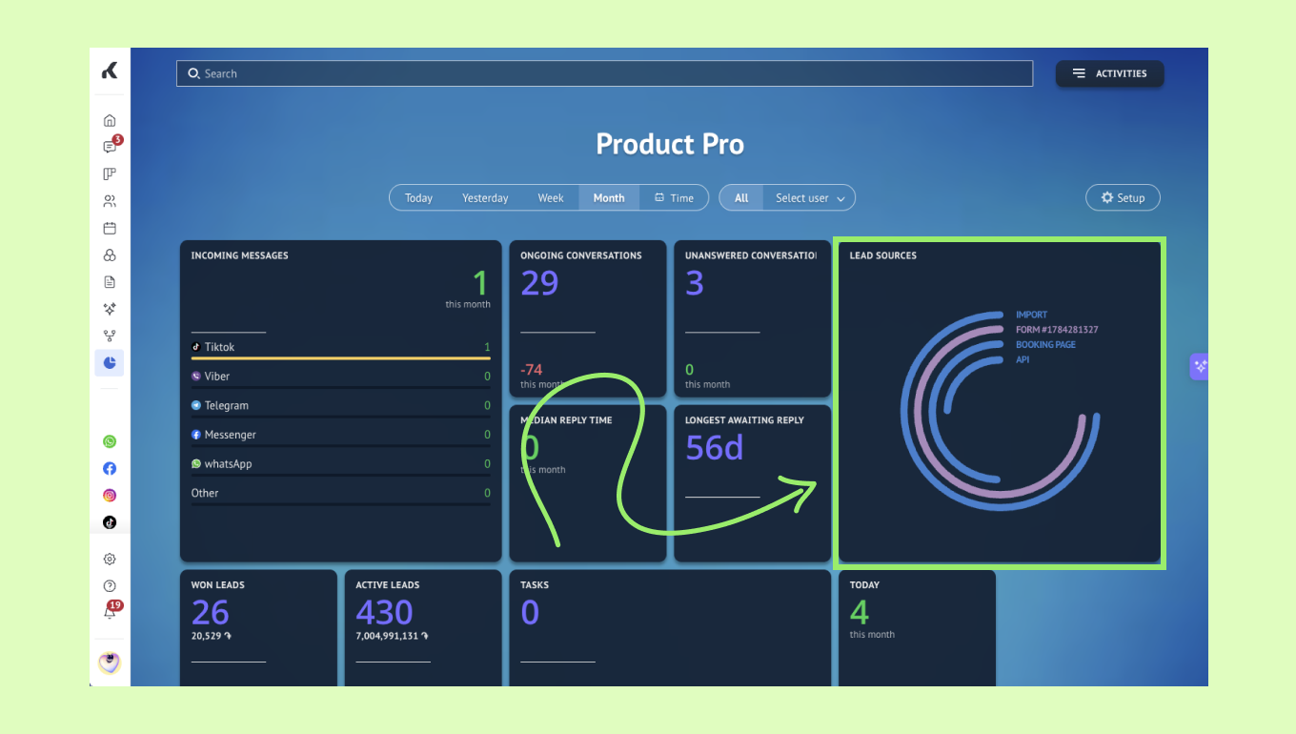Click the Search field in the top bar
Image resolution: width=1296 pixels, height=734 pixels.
(x=604, y=73)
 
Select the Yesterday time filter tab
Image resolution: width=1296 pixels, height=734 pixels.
(x=485, y=198)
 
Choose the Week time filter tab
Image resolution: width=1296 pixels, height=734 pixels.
(x=550, y=198)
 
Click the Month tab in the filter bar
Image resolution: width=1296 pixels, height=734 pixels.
(x=609, y=198)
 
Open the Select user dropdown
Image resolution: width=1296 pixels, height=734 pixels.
(x=809, y=198)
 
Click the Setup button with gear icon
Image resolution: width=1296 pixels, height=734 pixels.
(x=1123, y=198)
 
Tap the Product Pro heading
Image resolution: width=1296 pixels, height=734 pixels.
(x=669, y=144)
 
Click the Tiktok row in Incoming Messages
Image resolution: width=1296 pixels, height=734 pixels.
(x=341, y=347)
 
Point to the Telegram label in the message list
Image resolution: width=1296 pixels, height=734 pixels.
(x=226, y=405)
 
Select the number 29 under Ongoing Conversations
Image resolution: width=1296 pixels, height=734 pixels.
(x=539, y=283)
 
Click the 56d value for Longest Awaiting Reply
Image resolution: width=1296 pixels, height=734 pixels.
(x=714, y=447)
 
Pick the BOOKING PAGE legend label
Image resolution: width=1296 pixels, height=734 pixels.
(x=1045, y=344)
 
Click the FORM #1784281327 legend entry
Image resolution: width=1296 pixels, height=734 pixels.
(x=1057, y=330)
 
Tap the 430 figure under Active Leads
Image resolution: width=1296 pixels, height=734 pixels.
(x=384, y=612)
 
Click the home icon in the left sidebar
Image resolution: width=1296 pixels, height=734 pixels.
(x=110, y=120)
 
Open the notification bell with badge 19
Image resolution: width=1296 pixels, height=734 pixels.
(x=110, y=611)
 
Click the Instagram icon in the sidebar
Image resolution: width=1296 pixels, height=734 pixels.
(x=110, y=496)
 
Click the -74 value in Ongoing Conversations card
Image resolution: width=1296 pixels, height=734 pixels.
(x=531, y=369)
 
